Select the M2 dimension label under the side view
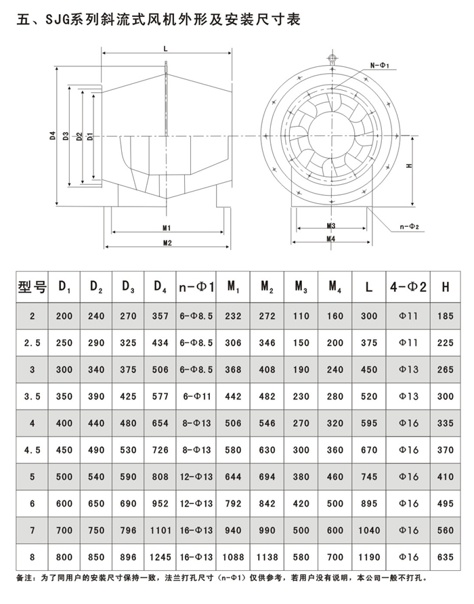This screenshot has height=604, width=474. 166,242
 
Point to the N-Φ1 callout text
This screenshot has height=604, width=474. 380,65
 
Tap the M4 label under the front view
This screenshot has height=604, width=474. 331,238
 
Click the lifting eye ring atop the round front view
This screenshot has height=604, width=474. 332,58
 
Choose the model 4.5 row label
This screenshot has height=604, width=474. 32,449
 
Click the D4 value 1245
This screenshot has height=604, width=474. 160,557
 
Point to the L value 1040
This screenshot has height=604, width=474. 368,530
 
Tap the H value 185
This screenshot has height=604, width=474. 445,316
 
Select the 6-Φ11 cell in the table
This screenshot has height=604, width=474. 196,396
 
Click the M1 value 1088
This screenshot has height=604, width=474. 233,557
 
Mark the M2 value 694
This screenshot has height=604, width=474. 267,476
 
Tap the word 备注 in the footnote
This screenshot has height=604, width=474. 22,579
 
